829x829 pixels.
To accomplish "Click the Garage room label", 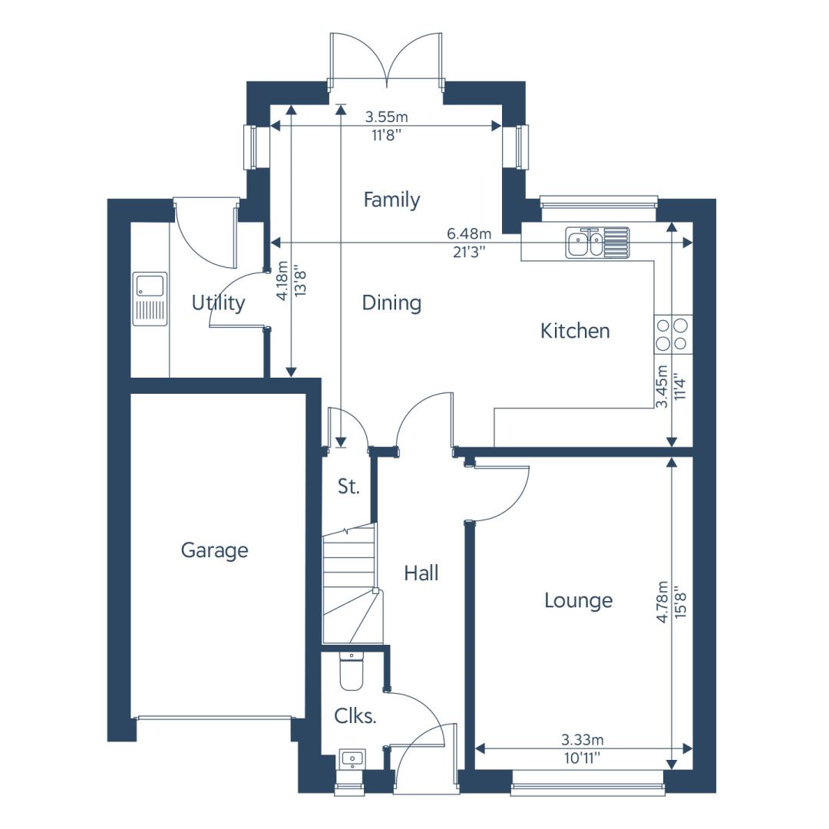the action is point(214,550).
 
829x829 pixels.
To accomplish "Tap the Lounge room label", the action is point(579,600).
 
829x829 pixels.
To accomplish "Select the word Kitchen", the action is point(575,331).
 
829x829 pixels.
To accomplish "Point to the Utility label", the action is point(218,303).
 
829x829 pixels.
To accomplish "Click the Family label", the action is point(391,200).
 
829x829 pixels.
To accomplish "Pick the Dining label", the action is point(391,303).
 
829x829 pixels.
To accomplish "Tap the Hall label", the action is point(421,573).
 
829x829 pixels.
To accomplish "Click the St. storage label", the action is point(348,487).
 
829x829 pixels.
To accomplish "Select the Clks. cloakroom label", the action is point(355,716).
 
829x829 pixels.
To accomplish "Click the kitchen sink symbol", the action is point(597,243).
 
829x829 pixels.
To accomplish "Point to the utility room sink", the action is point(150,299).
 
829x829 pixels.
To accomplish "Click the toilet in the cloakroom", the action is point(351,671).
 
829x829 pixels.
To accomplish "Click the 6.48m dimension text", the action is point(469,233).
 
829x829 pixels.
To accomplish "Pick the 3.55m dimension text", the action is point(386,117).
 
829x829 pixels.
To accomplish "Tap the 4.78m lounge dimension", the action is point(662,602).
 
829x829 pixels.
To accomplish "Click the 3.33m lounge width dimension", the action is point(582,740).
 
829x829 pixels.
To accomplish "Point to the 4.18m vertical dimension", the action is point(282,280).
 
